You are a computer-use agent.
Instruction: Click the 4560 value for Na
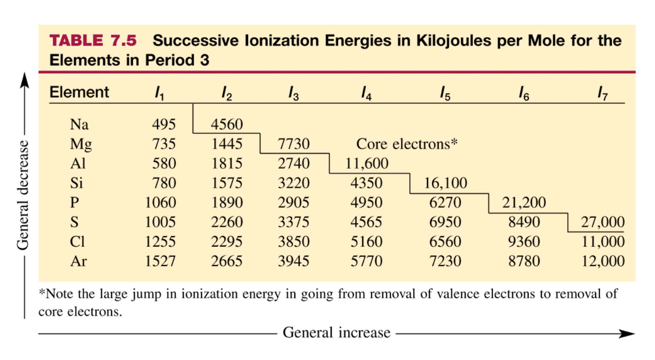coord(227,124)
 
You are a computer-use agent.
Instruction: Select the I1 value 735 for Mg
coord(164,144)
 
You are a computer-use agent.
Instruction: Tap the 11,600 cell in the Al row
coord(366,163)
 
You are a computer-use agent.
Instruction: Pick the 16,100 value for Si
coord(445,183)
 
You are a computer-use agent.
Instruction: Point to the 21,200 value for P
coord(524,202)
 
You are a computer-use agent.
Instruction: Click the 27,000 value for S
coord(602,222)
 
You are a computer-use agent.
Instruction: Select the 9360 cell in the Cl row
coord(524,242)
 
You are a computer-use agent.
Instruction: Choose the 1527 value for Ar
coord(160,261)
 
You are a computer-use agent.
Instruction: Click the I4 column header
coord(366,93)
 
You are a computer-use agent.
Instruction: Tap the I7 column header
coord(602,93)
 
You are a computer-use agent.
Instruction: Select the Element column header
coord(79,92)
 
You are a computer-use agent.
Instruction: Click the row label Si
coord(76,183)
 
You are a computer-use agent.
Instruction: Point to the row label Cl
coord(77,242)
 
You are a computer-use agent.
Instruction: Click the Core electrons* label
coord(406,144)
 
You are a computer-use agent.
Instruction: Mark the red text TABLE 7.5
coord(93,40)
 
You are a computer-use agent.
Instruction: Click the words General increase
coord(337,332)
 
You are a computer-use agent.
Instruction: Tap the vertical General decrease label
coord(23,195)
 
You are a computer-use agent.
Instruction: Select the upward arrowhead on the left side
coord(24,80)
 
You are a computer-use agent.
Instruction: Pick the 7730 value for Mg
coord(294,144)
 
